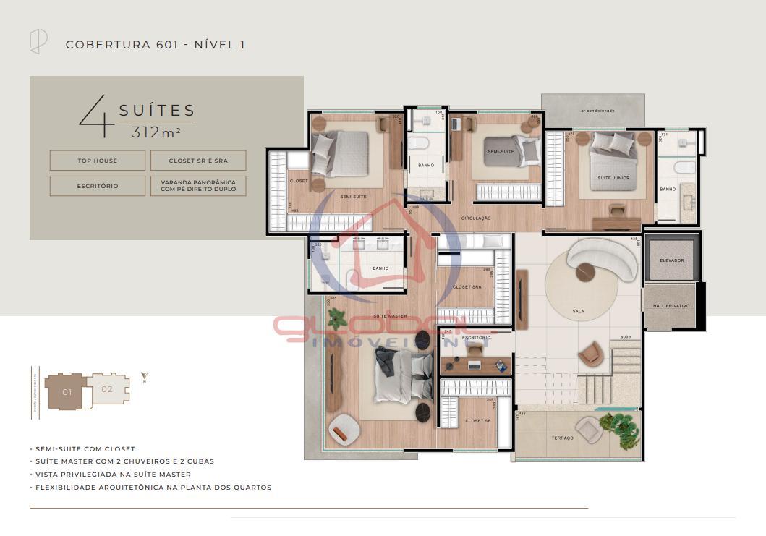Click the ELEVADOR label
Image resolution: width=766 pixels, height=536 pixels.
[x=671, y=260]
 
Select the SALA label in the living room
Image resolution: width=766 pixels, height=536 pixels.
[x=578, y=312]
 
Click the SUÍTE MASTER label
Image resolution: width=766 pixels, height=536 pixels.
[x=390, y=316]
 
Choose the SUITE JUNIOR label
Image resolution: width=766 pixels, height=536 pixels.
[x=613, y=178]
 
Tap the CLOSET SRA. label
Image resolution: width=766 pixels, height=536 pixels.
[x=467, y=287]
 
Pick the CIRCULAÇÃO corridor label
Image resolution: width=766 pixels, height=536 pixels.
[x=476, y=218]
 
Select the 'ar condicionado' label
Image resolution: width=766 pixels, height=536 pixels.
[x=597, y=111]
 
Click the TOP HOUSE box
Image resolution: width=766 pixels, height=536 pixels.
[x=97, y=161]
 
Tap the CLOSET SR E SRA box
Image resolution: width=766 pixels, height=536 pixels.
[x=198, y=161]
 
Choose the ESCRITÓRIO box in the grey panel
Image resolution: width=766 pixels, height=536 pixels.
[x=97, y=186]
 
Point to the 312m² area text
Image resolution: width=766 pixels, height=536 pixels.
[x=156, y=132]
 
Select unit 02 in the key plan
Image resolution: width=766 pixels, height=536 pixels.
[x=107, y=389]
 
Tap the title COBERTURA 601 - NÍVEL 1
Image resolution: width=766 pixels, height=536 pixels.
[x=155, y=45]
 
